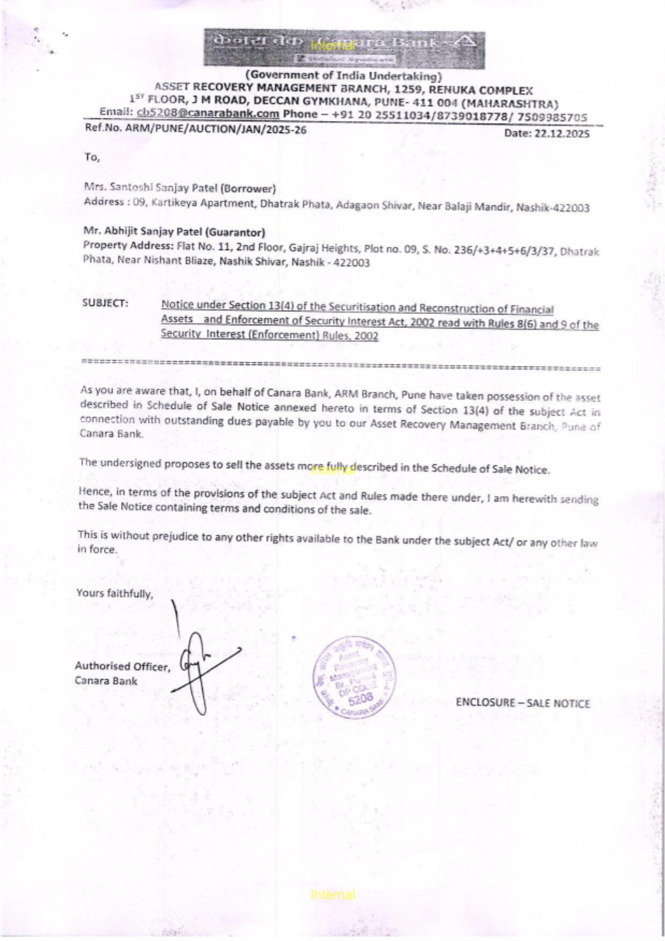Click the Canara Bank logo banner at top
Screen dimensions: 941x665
click(344, 48)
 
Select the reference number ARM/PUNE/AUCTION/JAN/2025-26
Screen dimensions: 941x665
click(216, 130)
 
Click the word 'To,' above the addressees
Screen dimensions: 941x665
click(92, 157)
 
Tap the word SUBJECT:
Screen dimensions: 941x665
click(105, 303)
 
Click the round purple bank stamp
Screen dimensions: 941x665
click(354, 678)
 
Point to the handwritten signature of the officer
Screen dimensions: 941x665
click(199, 658)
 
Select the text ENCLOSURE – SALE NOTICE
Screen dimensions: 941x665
click(523, 703)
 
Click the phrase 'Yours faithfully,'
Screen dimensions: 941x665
click(114, 593)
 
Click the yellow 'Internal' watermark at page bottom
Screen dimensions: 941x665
click(332, 894)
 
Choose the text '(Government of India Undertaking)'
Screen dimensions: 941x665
click(344, 76)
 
